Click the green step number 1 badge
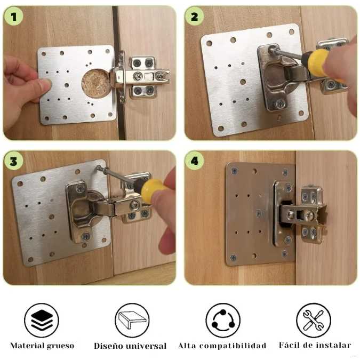(13, 16)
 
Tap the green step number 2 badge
(194, 17)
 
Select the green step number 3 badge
(13, 160)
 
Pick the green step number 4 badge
(194, 160)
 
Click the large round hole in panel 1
(95, 81)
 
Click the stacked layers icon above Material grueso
(42, 320)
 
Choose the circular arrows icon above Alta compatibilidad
(222, 320)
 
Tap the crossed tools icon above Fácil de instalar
(314, 320)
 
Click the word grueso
(60, 346)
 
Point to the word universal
(146, 346)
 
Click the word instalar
(333, 345)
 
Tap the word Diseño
(109, 346)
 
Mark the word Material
(27, 346)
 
